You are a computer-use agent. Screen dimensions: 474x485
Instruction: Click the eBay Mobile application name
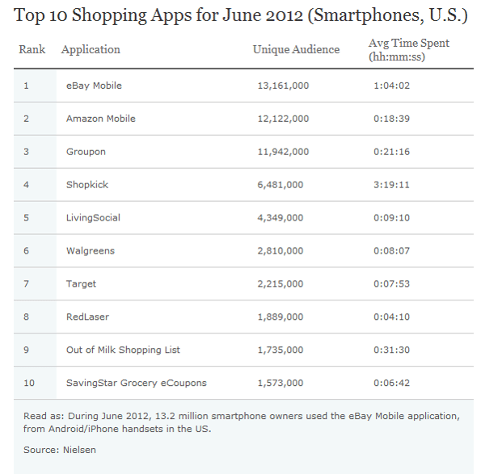pos(94,86)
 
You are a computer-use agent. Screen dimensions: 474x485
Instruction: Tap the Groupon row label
pos(86,152)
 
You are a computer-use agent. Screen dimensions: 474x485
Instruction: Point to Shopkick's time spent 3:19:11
pos(392,185)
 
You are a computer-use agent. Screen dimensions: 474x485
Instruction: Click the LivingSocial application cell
pos(92,218)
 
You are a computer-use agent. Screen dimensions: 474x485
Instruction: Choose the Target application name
pos(81,284)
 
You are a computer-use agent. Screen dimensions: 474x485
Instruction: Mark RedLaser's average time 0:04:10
pos(392,317)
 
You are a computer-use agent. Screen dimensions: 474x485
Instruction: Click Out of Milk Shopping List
pos(123,350)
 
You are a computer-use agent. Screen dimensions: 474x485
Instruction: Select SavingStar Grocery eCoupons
pos(136,383)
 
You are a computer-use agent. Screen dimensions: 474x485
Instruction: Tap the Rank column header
pos(32,50)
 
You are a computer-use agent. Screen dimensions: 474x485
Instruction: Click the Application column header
pos(91,50)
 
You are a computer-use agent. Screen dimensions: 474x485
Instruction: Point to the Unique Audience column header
pos(296,50)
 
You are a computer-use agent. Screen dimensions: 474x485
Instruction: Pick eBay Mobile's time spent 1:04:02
pos(392,86)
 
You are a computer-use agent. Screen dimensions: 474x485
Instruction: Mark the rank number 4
pos(26,185)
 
